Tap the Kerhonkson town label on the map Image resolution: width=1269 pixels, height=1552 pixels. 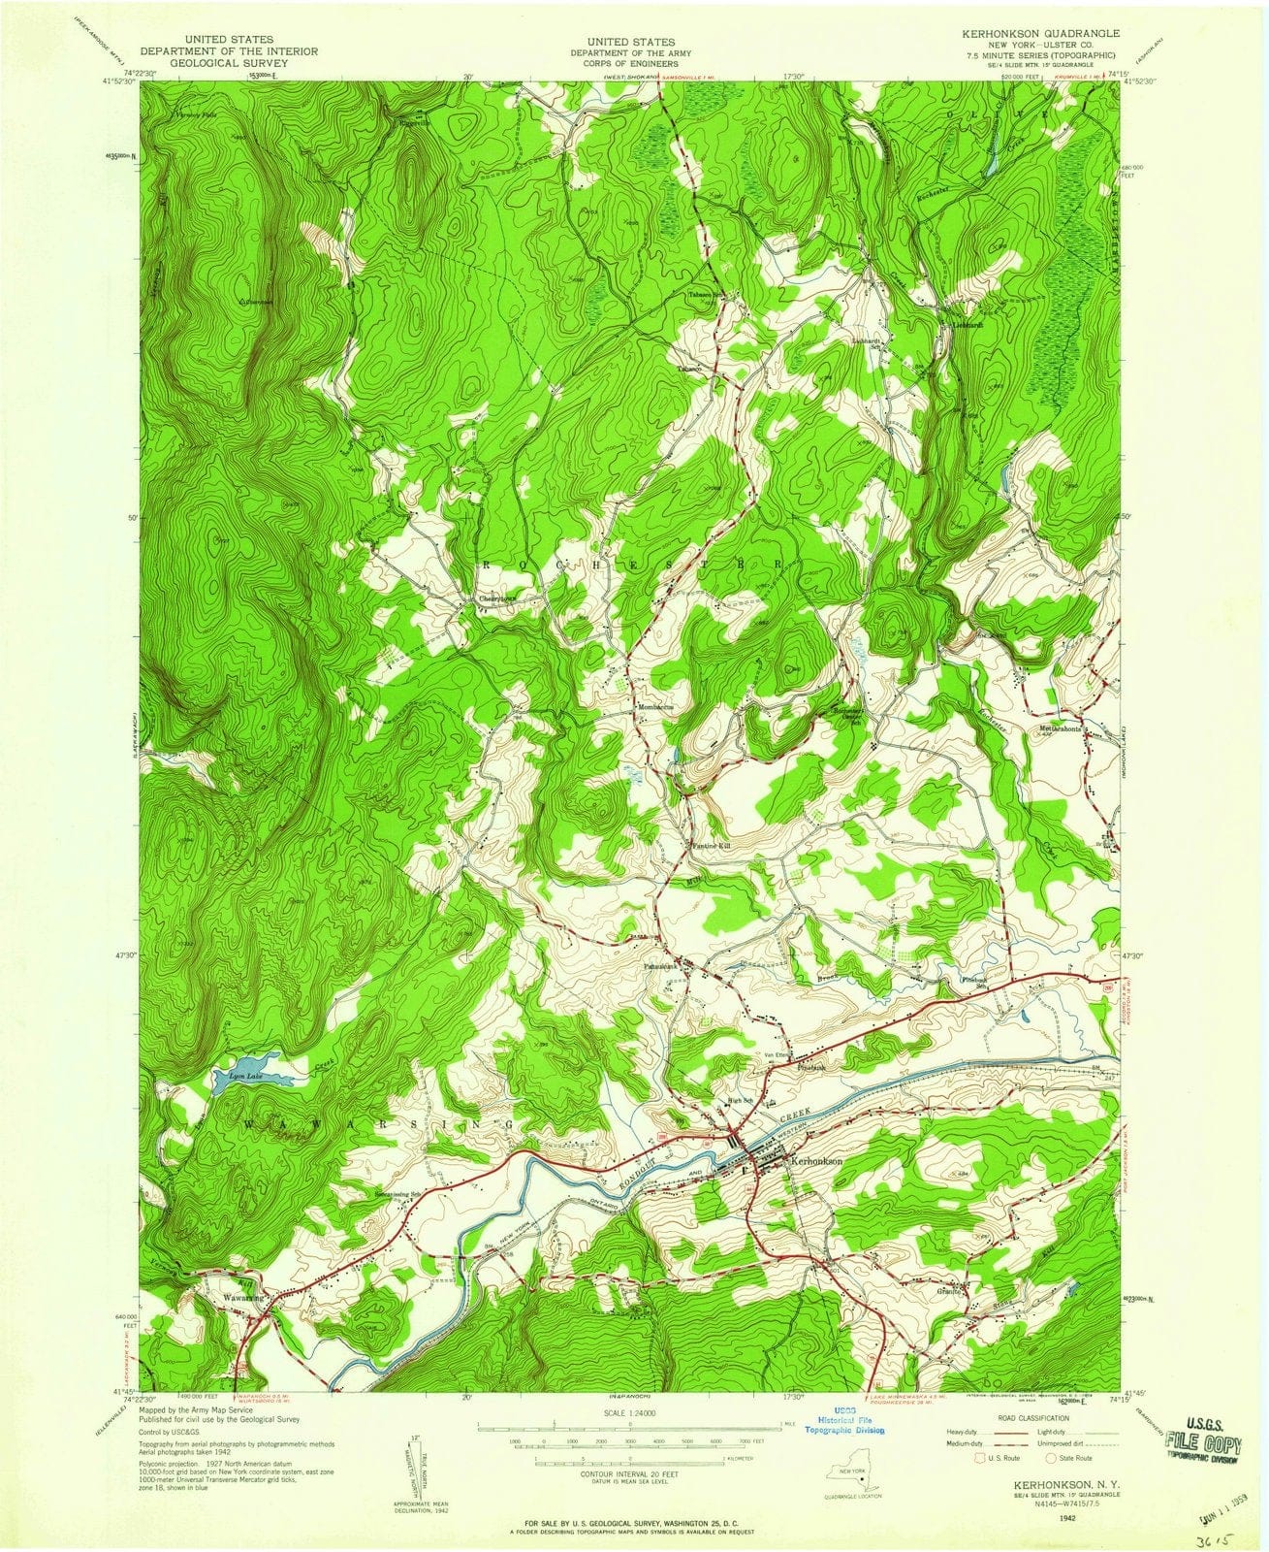817,1159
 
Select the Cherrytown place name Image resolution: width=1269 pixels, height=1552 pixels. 501,599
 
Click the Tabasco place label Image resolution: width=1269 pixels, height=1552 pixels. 689,370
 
